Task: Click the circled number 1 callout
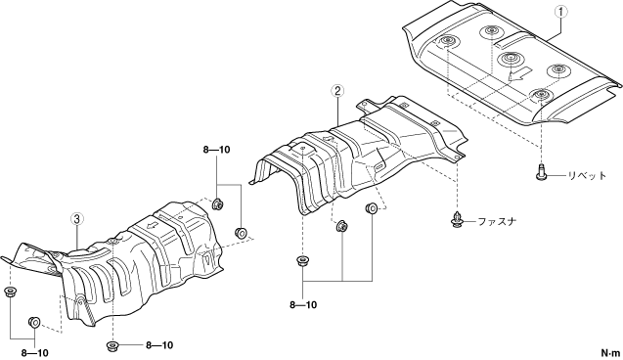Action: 561,12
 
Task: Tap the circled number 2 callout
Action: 336,91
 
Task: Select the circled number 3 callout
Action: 77,218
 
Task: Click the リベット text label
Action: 587,175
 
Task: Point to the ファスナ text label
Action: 497,221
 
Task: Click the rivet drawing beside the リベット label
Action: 540,172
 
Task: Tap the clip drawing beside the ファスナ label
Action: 458,220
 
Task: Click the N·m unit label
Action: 610,352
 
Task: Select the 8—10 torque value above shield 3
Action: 216,150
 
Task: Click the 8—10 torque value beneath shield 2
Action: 303,305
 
